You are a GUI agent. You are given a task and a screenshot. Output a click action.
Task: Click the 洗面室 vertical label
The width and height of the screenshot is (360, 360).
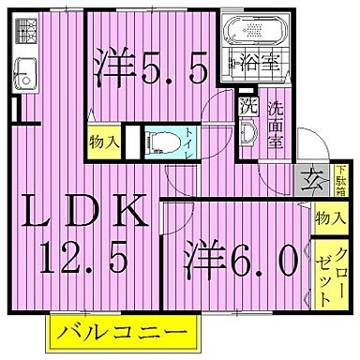[x=277, y=121]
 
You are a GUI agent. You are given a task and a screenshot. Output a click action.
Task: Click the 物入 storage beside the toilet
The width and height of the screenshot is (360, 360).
[x=104, y=142]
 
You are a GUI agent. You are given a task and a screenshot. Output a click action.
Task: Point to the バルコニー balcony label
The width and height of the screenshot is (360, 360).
[x=125, y=331]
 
